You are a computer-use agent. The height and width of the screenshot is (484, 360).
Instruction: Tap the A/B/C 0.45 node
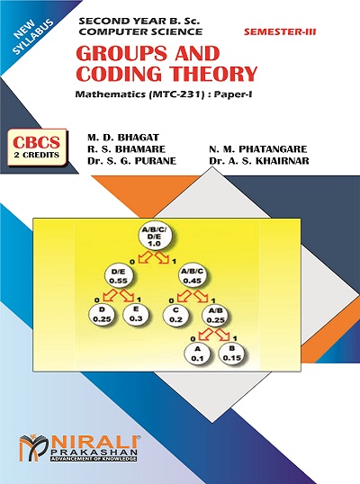pyautogui.click(x=193, y=276)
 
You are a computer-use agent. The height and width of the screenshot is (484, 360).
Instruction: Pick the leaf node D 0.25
pyautogui.click(x=102, y=315)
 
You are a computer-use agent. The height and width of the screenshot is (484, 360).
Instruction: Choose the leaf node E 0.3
pyautogui.click(x=136, y=314)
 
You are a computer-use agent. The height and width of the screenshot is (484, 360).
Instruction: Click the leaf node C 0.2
pyautogui.click(x=175, y=315)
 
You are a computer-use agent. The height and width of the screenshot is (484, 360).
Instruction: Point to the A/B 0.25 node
pyautogui.click(x=215, y=316)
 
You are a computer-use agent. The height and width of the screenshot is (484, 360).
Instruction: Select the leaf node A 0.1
pyautogui.click(x=197, y=354)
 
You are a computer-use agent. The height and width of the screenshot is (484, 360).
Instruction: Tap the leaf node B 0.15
pyautogui.click(x=232, y=354)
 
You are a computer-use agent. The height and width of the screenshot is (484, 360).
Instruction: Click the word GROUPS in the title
pyautogui.click(x=121, y=53)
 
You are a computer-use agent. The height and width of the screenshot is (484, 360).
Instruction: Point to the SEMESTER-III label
pyautogui.click(x=280, y=31)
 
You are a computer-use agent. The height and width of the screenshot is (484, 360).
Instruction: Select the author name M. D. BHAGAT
pyautogui.click(x=123, y=138)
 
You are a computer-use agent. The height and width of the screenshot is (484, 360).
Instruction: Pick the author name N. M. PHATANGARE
pyautogui.click(x=258, y=149)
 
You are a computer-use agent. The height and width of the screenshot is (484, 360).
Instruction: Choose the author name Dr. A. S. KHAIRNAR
pyautogui.click(x=258, y=161)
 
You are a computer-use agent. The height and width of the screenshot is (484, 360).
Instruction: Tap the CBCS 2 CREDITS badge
pyautogui.click(x=37, y=148)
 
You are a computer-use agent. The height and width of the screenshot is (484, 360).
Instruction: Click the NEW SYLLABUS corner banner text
pyautogui.click(x=33, y=36)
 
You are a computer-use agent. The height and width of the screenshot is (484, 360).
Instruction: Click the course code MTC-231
pyautogui.click(x=176, y=94)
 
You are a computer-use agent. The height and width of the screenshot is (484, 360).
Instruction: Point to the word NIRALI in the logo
pyautogui.click(x=93, y=443)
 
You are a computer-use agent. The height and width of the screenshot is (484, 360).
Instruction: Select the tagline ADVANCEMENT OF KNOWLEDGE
pyautogui.click(x=94, y=459)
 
